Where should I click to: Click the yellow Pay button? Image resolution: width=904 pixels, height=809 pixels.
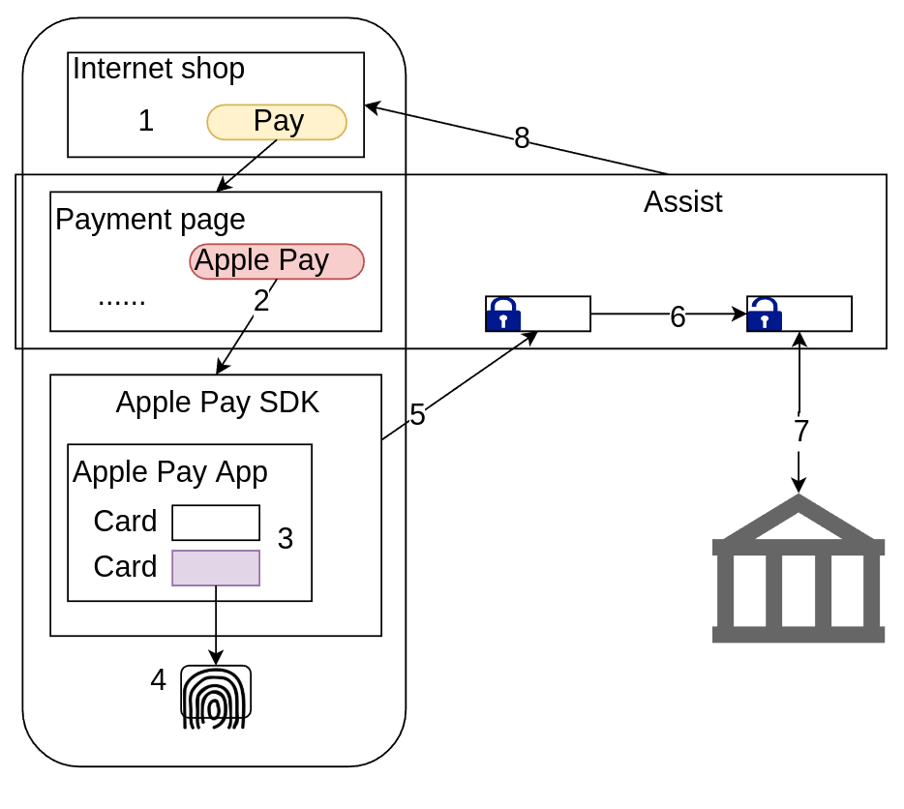pos(277,122)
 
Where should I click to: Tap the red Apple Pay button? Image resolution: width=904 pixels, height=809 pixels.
pos(277,261)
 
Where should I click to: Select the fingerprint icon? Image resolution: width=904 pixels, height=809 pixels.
pos(216,697)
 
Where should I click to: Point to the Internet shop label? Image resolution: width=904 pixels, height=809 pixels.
pos(159,70)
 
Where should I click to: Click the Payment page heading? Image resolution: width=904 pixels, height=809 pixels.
pos(150,220)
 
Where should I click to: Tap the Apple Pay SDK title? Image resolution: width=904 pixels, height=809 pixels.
pos(217,403)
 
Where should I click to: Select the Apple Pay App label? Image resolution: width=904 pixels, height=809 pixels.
pos(170,472)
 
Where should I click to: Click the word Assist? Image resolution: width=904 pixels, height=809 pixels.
pos(682,202)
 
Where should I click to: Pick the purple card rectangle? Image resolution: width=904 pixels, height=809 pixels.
pos(216,568)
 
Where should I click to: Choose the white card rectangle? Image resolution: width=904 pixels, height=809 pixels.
pos(216,523)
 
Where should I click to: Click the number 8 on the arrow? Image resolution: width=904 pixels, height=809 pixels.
pos(522,139)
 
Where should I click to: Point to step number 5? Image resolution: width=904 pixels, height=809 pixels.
pos(417,415)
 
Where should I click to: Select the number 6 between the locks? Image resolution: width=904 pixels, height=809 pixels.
pos(678,317)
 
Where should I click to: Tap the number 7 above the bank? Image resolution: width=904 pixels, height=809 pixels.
pos(801,432)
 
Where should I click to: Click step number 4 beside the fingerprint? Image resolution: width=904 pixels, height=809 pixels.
pos(159,680)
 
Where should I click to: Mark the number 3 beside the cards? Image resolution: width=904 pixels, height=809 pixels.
pos(286,539)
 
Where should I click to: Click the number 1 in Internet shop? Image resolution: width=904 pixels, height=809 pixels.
pos(146,121)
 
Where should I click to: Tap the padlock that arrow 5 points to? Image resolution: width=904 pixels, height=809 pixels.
pos(503,315)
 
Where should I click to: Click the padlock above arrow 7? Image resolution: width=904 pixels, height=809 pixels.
pos(765,315)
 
